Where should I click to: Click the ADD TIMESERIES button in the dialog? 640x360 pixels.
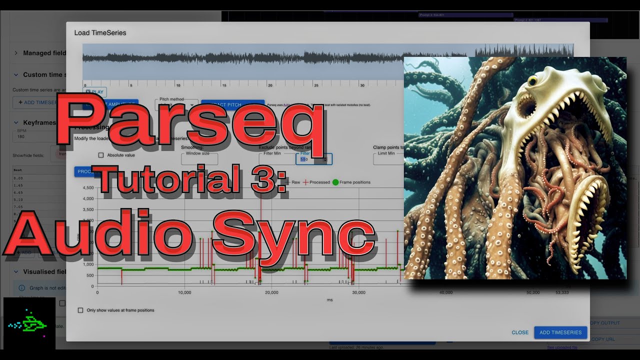(x=560, y=332)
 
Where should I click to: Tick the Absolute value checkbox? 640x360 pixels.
(x=101, y=155)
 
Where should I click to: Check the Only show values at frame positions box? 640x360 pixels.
(x=80, y=310)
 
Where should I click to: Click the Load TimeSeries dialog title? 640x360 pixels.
(x=100, y=33)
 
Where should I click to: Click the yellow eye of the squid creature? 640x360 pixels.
(x=532, y=80)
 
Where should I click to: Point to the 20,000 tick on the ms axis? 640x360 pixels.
(x=271, y=292)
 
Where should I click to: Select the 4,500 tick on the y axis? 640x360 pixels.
(x=87, y=188)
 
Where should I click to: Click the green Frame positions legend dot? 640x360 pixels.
(x=335, y=182)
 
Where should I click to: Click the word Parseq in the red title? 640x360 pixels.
(x=190, y=122)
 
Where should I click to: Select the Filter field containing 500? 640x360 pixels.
(x=313, y=159)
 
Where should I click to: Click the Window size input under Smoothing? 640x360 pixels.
(x=199, y=159)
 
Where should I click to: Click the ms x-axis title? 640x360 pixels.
(x=329, y=300)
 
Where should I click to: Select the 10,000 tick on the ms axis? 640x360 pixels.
(x=184, y=292)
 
